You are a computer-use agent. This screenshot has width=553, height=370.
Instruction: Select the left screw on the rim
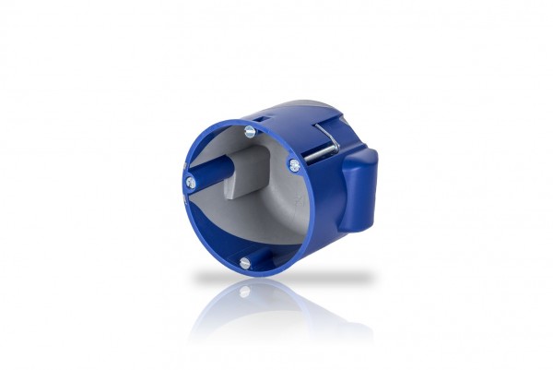click(192, 183)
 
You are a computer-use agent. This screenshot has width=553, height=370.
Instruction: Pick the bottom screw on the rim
click(244, 264)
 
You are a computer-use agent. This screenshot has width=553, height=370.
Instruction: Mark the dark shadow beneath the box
click(276, 276)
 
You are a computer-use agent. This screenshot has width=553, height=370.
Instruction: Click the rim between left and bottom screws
click(205, 238)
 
